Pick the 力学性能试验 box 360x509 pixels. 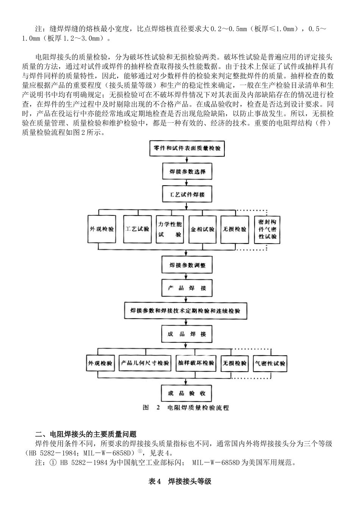click(x=170, y=229)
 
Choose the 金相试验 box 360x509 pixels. click(x=203, y=229)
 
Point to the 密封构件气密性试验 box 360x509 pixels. click(x=267, y=230)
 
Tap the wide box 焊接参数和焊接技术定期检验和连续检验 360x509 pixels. click(x=186, y=311)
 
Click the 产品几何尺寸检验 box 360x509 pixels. click(x=145, y=363)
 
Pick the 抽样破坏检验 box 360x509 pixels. click(x=196, y=363)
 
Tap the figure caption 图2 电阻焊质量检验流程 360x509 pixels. click(x=186, y=408)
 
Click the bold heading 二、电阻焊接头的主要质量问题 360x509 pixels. click(x=86, y=435)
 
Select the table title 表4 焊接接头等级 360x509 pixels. click(x=180, y=481)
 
